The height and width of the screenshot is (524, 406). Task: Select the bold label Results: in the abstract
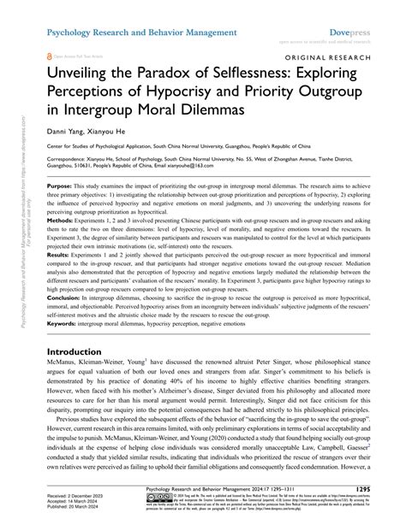(60, 279)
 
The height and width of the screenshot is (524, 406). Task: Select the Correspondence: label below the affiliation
(72, 159)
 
